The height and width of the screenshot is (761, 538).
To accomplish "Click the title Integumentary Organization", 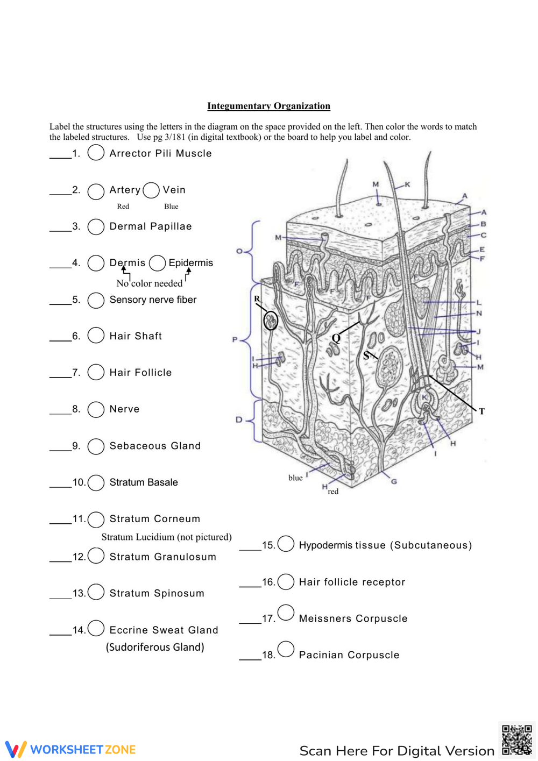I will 268,106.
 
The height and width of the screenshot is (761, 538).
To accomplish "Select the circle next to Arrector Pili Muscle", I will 96,153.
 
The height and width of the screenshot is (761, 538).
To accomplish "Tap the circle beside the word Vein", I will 151,190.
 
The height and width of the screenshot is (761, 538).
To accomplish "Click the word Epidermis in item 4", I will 190,262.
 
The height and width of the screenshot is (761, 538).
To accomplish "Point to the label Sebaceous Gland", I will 155,446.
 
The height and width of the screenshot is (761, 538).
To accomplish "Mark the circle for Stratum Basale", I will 96,482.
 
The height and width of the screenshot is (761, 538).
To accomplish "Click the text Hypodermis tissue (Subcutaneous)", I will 385,545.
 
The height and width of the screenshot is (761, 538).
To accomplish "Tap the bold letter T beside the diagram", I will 482,411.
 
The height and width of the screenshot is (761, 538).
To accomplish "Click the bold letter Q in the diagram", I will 336,338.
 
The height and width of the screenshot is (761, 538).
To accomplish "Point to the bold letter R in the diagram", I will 257,298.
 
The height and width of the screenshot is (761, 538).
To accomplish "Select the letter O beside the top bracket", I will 239,251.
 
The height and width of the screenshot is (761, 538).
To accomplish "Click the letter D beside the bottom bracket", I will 239,419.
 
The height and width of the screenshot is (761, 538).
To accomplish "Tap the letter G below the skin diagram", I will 394,481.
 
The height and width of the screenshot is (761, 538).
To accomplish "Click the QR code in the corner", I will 516,740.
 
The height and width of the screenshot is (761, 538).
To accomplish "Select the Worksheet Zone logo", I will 70,749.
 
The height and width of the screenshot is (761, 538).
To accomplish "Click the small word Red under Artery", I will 123,207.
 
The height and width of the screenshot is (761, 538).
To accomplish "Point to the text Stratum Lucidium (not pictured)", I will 166,537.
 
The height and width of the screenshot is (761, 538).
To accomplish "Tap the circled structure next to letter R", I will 271,321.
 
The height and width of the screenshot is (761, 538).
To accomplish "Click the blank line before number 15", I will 250,549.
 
